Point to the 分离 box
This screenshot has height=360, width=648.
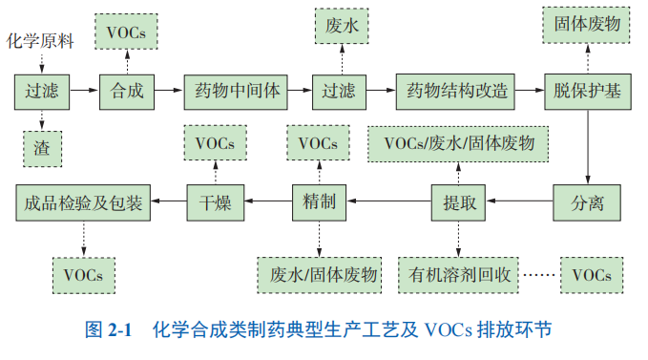(x=587, y=201)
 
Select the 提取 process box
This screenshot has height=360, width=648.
(x=459, y=201)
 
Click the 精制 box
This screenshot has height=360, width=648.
(x=318, y=201)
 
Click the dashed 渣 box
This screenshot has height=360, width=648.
(x=41, y=147)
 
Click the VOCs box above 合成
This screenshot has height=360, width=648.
(x=127, y=32)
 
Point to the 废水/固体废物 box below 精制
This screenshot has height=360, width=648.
(x=319, y=275)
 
